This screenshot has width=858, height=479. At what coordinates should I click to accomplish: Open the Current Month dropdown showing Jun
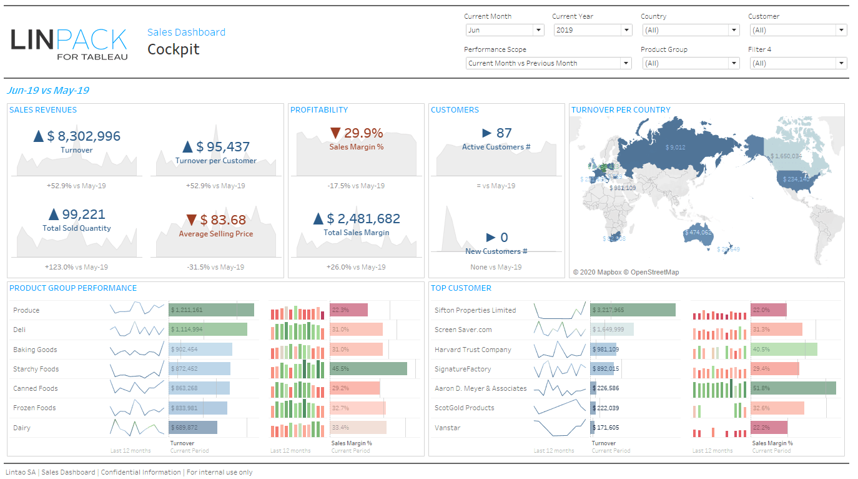(505, 30)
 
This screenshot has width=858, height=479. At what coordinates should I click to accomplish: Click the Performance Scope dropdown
(548, 63)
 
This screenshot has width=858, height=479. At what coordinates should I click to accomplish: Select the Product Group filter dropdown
(690, 63)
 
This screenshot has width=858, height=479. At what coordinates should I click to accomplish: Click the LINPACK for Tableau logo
(69, 43)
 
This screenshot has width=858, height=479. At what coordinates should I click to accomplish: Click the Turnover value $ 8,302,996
(83, 136)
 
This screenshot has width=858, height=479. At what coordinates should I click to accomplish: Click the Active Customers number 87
(503, 133)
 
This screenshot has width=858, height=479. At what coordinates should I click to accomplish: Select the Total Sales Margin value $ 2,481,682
(364, 219)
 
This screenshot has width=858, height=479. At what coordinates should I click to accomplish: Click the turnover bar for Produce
(211, 310)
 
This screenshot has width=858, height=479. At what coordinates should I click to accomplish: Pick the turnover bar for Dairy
(193, 428)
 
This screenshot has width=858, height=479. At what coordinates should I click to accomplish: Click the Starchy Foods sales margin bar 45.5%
(368, 369)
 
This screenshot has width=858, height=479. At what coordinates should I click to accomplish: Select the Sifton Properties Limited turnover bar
(633, 310)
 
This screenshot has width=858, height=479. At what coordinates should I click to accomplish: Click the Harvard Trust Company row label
(473, 350)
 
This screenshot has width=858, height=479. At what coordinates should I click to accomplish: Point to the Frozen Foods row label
(34, 408)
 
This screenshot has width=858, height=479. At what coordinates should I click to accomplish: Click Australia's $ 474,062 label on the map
(698, 233)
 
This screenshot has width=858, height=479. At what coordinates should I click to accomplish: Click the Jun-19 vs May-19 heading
(48, 91)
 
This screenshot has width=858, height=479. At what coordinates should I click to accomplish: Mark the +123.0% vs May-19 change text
(76, 267)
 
